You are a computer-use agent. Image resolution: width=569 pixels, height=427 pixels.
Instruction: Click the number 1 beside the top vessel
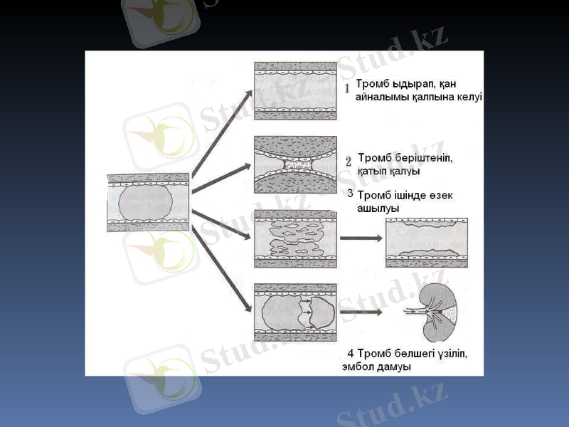click(x=347, y=89)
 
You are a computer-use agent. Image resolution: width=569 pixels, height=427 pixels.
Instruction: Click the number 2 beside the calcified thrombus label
click(x=349, y=162)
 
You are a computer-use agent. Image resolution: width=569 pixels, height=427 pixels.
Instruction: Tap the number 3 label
click(x=349, y=194)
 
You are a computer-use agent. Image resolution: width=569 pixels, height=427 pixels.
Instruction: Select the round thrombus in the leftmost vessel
click(x=146, y=203)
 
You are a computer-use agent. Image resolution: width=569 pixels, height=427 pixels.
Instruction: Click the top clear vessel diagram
click(x=295, y=90)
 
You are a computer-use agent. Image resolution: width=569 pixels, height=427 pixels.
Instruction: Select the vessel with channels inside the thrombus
click(x=295, y=239)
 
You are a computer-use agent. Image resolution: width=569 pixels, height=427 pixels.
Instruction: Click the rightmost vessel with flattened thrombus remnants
click(x=426, y=242)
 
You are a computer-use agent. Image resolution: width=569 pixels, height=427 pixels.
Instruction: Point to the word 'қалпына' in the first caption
click(x=435, y=98)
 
